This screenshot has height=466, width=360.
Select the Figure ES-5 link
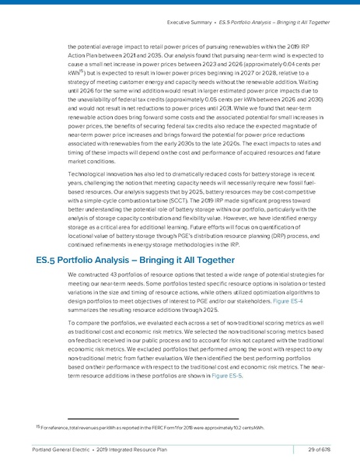[229, 375]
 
